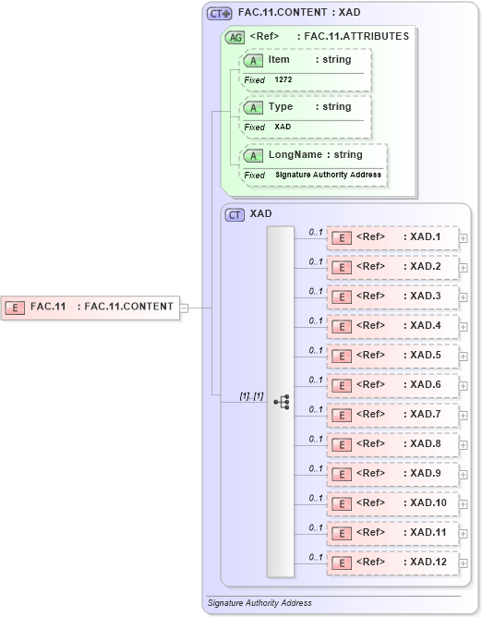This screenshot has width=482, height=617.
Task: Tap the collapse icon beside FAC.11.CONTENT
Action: click(184, 308)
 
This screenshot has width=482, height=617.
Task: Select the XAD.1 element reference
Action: click(393, 237)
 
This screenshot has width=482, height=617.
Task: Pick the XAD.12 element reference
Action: click(393, 563)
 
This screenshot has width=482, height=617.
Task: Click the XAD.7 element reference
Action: click(393, 415)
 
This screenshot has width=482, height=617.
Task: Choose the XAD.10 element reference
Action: click(393, 503)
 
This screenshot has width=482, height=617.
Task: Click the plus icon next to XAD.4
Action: click(464, 326)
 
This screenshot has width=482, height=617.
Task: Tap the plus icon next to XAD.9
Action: click(464, 474)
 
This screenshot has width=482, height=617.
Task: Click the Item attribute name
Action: click(279, 60)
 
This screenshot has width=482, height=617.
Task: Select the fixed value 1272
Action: click(283, 80)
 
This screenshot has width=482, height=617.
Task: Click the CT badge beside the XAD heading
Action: click(235, 214)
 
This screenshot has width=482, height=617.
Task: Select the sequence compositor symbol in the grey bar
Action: click(281, 402)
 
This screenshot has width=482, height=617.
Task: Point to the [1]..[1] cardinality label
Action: click(251, 396)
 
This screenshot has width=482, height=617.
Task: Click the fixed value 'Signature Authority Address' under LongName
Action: click(328, 175)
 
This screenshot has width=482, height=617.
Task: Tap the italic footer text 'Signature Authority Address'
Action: click(259, 602)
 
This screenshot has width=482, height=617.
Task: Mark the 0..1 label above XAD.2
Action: click(316, 261)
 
